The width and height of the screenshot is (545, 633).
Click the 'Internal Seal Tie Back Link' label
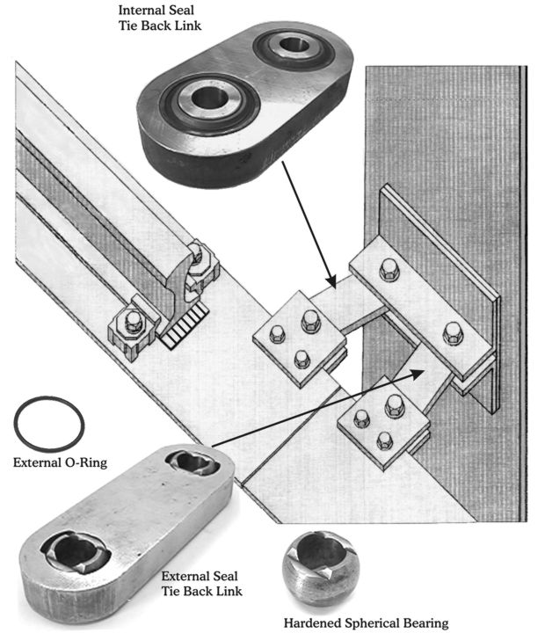point(159,18)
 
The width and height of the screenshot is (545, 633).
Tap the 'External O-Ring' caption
point(60,462)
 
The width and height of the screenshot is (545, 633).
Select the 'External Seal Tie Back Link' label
point(201,584)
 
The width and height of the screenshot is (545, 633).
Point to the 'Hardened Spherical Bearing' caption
point(366,623)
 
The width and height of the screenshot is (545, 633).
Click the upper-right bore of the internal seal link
point(294,44)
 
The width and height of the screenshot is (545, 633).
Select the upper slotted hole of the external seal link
point(193,463)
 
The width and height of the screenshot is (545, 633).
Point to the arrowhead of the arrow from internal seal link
point(331,281)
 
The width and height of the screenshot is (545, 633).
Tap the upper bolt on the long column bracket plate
point(389,269)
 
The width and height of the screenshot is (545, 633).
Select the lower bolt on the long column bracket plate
point(453,333)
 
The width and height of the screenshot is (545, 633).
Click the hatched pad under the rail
point(184,326)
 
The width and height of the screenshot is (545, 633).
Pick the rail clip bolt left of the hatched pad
point(133,322)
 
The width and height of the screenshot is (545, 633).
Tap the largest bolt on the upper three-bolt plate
point(311,321)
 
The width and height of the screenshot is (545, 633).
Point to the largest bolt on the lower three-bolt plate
point(395,406)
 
